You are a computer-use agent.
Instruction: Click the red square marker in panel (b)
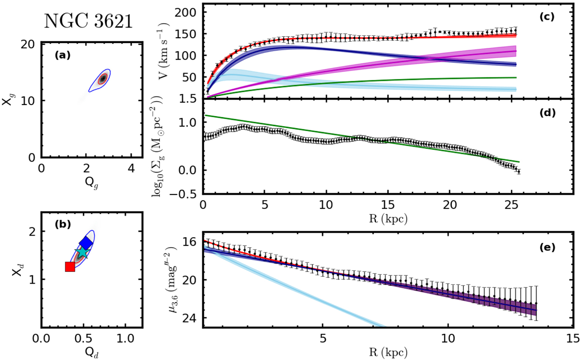(70, 267)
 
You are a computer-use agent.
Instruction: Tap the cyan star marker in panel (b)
(82, 252)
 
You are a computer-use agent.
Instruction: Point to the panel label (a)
(62, 55)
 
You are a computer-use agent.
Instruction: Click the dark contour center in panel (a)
(103, 78)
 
